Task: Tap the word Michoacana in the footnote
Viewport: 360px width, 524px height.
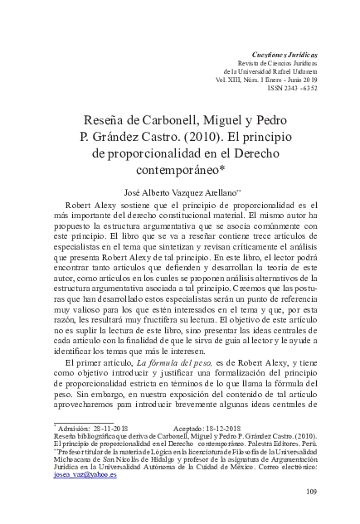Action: point(71,457)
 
